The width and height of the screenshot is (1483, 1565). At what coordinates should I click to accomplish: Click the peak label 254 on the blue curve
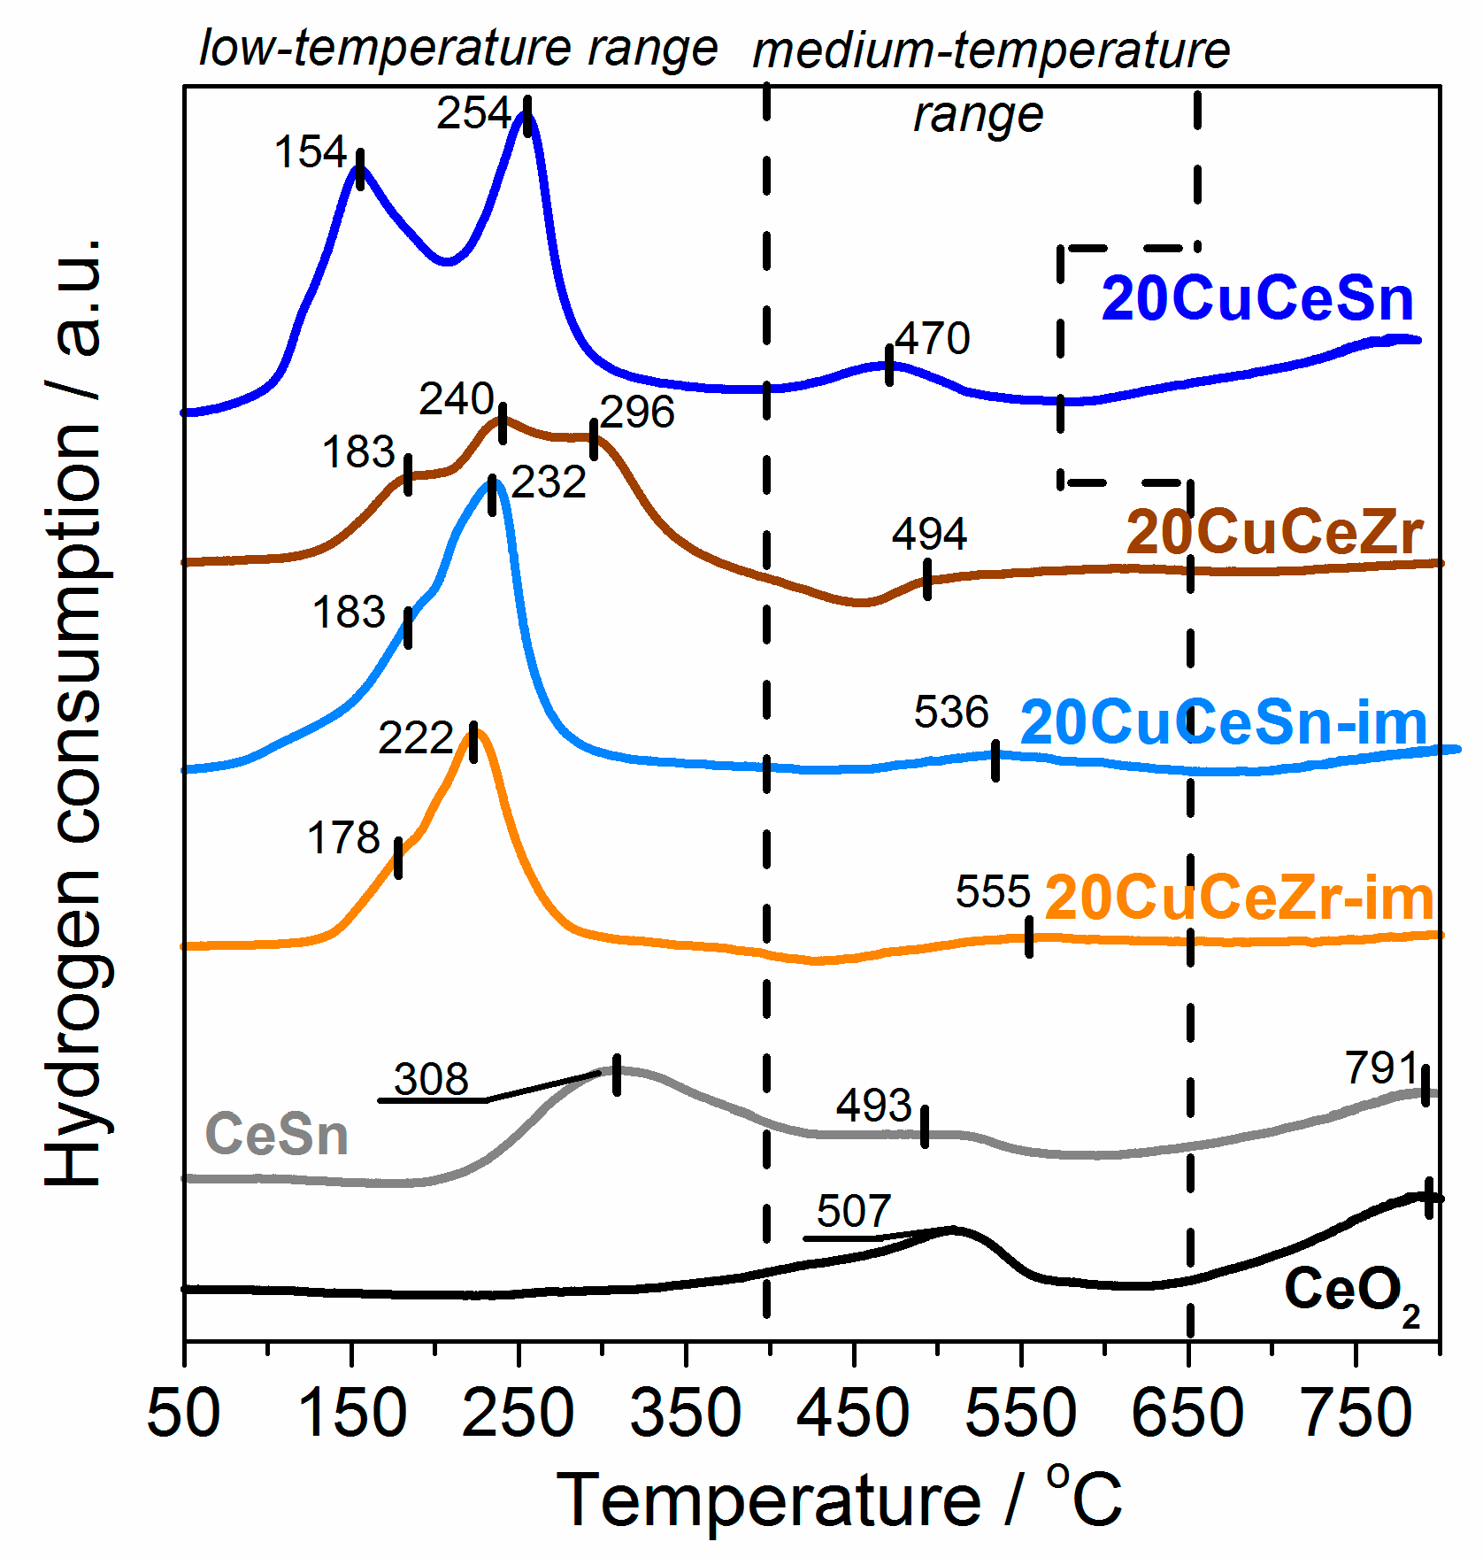(473, 113)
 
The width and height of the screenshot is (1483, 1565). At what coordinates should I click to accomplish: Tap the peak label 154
(311, 152)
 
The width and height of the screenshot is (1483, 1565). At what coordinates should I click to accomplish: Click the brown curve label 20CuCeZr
(1274, 533)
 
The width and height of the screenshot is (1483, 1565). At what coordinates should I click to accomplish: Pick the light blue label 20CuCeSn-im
(1224, 723)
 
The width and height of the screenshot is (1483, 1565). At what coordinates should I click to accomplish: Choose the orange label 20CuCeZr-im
(1239, 898)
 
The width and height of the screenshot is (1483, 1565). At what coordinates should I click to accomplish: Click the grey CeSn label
(276, 1135)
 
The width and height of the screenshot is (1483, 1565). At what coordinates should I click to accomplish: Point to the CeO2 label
(1350, 1292)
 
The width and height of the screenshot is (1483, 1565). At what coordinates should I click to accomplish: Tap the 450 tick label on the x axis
(852, 1413)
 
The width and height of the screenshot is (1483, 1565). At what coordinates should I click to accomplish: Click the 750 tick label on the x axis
(1356, 1413)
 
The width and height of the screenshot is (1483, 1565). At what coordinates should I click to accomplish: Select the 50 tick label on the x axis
(183, 1413)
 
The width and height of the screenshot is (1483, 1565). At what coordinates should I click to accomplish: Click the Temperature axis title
(839, 1499)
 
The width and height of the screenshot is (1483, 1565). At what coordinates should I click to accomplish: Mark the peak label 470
(932, 338)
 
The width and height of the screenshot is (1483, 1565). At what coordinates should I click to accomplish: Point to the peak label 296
(637, 412)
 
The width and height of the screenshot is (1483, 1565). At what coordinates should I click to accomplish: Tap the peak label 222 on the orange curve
(415, 738)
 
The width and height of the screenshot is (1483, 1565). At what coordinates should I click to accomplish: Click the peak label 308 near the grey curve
(431, 1079)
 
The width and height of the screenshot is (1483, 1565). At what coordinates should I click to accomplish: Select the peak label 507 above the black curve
(853, 1211)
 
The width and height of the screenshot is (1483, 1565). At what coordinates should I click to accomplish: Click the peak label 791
(1381, 1068)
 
